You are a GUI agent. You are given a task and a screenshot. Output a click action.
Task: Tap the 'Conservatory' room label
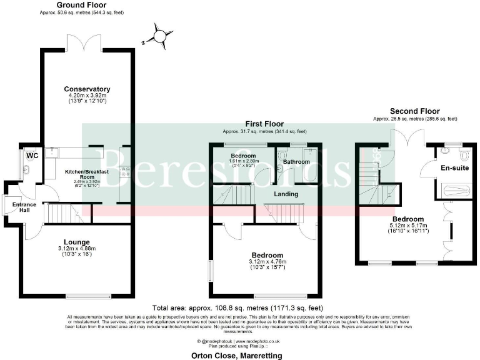point(87,89)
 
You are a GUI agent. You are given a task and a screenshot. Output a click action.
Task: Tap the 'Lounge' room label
point(78,242)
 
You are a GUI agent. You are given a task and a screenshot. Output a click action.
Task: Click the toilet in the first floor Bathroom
point(282,156)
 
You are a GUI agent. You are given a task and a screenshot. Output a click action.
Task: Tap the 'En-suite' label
point(454,167)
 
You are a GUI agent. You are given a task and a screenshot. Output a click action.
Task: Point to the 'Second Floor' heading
point(414,111)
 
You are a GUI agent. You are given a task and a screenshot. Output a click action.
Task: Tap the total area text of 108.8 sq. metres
point(237,308)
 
